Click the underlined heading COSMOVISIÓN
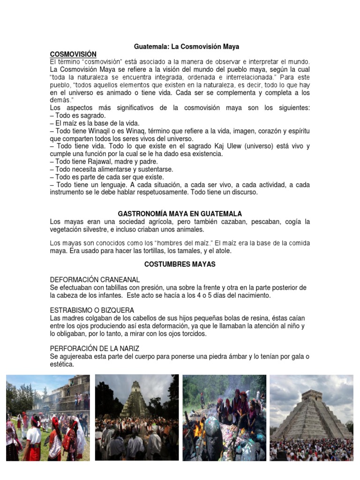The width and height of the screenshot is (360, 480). (73, 54)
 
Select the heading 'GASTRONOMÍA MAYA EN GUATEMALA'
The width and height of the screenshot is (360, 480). (180, 214)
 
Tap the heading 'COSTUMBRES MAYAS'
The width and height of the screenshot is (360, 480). (180, 264)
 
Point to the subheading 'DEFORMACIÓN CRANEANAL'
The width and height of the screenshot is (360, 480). (95, 280)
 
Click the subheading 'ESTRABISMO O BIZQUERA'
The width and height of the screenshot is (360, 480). (92, 310)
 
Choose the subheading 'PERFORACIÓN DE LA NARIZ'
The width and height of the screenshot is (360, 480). (95, 349)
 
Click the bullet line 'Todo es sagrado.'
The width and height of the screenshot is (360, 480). (80, 115)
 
